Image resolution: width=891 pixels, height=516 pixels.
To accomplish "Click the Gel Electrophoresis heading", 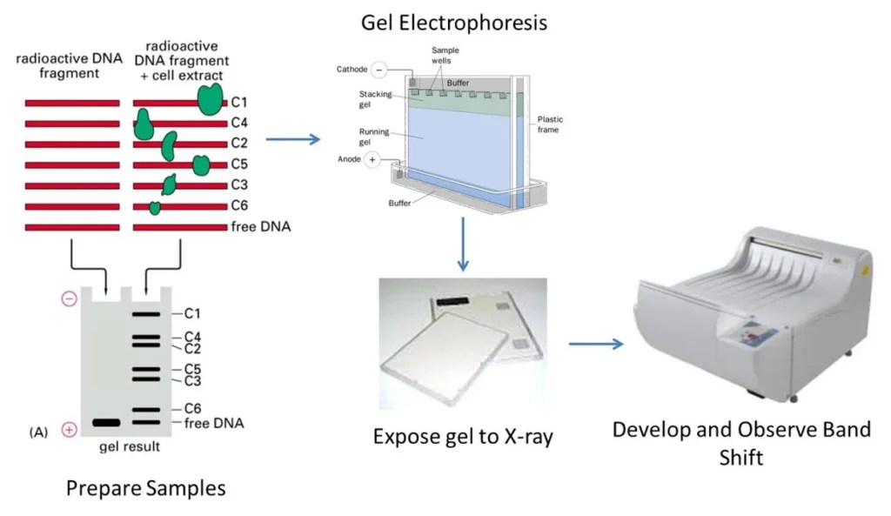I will (x=454, y=22).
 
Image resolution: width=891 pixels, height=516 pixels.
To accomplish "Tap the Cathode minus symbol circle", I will (x=379, y=70).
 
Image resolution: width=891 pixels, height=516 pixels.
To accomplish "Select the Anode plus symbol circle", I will (x=372, y=160).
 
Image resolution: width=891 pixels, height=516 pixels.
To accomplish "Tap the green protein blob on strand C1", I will (x=210, y=98).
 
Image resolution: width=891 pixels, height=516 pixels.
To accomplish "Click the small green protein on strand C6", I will (x=155, y=207).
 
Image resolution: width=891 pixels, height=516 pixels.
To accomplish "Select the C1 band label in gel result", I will (x=192, y=313).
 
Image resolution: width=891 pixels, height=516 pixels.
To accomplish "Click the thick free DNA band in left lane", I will (x=105, y=423).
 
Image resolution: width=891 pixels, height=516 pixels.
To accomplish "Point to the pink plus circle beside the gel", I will (x=69, y=429).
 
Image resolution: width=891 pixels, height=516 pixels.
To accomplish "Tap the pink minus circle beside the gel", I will (x=69, y=298).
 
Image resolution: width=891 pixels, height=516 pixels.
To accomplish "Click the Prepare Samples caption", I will (x=145, y=488).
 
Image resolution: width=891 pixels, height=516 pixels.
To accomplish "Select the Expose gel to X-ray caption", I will (x=463, y=435).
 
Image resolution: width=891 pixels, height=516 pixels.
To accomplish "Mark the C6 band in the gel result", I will (x=145, y=409).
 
